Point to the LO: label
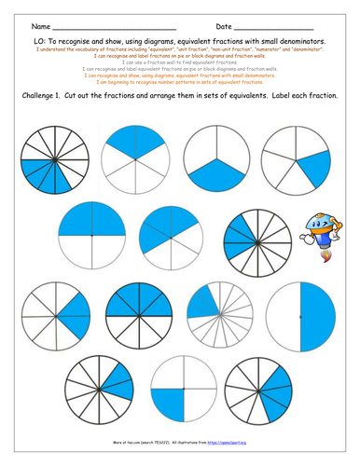(x=38, y=42)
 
